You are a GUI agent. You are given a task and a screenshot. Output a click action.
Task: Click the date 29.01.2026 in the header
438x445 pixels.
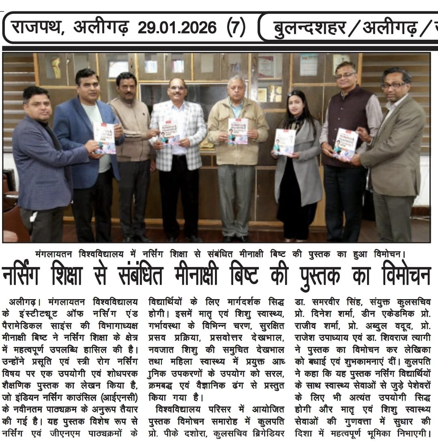pyautogui.click(x=177, y=28)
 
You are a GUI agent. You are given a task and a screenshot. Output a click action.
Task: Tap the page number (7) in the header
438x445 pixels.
pyautogui.click(x=236, y=28)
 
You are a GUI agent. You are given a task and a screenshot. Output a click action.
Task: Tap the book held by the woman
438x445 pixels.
pyautogui.click(x=284, y=142)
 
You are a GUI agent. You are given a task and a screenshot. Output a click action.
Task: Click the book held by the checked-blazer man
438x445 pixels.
pyautogui.click(x=169, y=132)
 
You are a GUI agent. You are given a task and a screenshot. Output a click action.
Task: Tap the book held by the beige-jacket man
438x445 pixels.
pyautogui.click(x=238, y=131)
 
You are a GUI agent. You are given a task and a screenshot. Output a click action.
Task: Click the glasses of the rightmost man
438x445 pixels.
pyautogui.click(x=393, y=86)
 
